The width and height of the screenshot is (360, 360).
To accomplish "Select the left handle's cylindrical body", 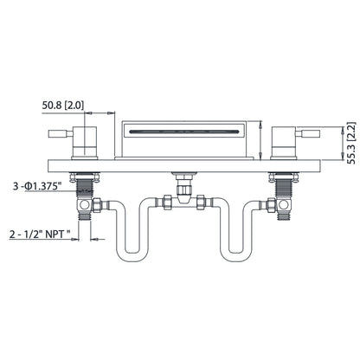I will [90, 145].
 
